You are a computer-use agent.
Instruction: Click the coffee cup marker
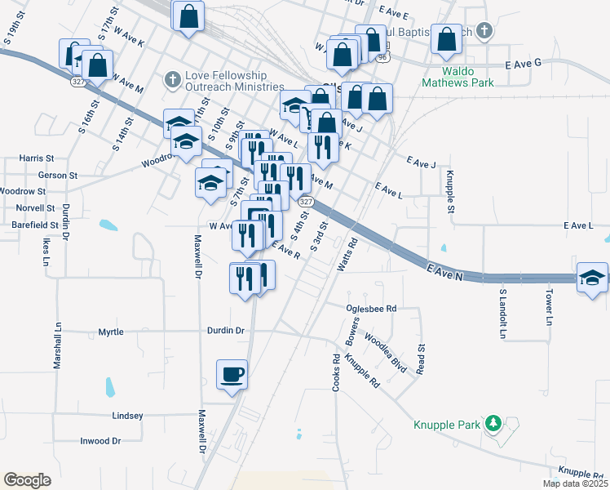(232, 374)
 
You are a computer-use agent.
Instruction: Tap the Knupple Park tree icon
(493, 423)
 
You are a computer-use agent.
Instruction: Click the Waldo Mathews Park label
(458, 82)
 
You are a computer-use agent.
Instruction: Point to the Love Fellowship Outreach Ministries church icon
(171, 79)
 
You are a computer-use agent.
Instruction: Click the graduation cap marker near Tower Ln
(592, 278)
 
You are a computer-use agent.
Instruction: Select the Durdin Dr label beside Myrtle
(223, 331)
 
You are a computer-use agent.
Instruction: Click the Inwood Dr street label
(100, 441)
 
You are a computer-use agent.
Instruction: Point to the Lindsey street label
(127, 416)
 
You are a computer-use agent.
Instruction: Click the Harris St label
(37, 158)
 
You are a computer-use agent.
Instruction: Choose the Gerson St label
(58, 176)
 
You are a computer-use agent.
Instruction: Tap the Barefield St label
(29, 224)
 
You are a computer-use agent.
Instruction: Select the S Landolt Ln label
(502, 314)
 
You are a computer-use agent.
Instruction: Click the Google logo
(27, 479)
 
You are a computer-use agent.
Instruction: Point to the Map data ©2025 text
(573, 483)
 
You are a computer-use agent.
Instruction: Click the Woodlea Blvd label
(385, 353)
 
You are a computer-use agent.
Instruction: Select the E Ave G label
(524, 63)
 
